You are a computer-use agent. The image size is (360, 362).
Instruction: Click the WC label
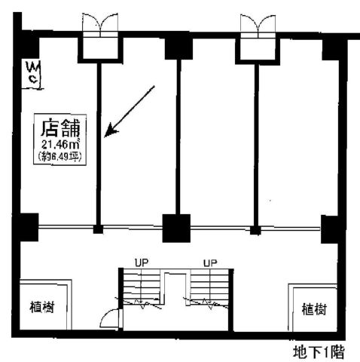point(33,72)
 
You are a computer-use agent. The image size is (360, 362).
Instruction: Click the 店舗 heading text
point(60,128)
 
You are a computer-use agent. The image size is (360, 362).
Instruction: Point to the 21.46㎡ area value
point(60,144)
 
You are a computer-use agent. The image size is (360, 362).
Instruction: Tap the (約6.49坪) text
point(60,157)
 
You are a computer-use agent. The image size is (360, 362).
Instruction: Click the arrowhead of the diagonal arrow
point(111,130)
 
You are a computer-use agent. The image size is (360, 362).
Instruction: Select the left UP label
point(142,262)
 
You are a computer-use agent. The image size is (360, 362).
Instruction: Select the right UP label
point(210,263)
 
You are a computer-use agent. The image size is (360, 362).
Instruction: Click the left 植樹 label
point(42,307)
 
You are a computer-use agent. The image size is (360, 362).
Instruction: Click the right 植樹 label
point(314,309)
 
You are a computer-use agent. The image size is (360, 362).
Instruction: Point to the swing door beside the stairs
point(109,318)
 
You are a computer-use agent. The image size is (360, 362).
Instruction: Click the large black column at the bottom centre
point(176,228)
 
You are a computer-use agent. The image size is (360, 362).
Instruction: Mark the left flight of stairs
point(142,287)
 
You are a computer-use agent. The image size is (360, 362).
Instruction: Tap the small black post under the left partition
point(98,229)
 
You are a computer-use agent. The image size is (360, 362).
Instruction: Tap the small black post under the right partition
point(255,230)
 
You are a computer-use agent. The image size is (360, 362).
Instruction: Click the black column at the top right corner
point(333,50)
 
